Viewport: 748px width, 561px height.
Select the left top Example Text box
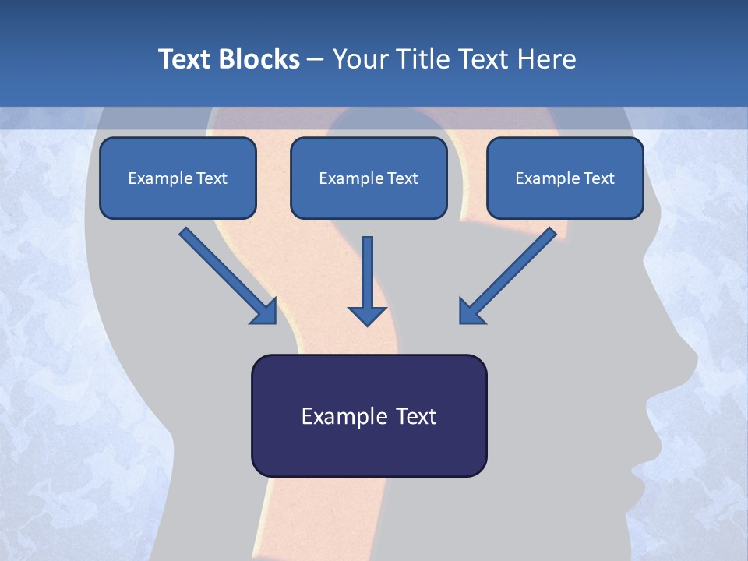coord(178,178)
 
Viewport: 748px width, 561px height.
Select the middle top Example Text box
coord(369,178)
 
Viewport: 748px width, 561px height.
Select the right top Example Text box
coord(565,178)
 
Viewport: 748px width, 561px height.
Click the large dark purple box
coord(369,415)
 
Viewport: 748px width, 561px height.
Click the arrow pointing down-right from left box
coord(226,274)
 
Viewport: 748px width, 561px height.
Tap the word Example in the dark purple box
coord(339,416)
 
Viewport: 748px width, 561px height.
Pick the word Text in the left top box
coord(211,178)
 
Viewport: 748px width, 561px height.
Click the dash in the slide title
coord(316,59)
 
